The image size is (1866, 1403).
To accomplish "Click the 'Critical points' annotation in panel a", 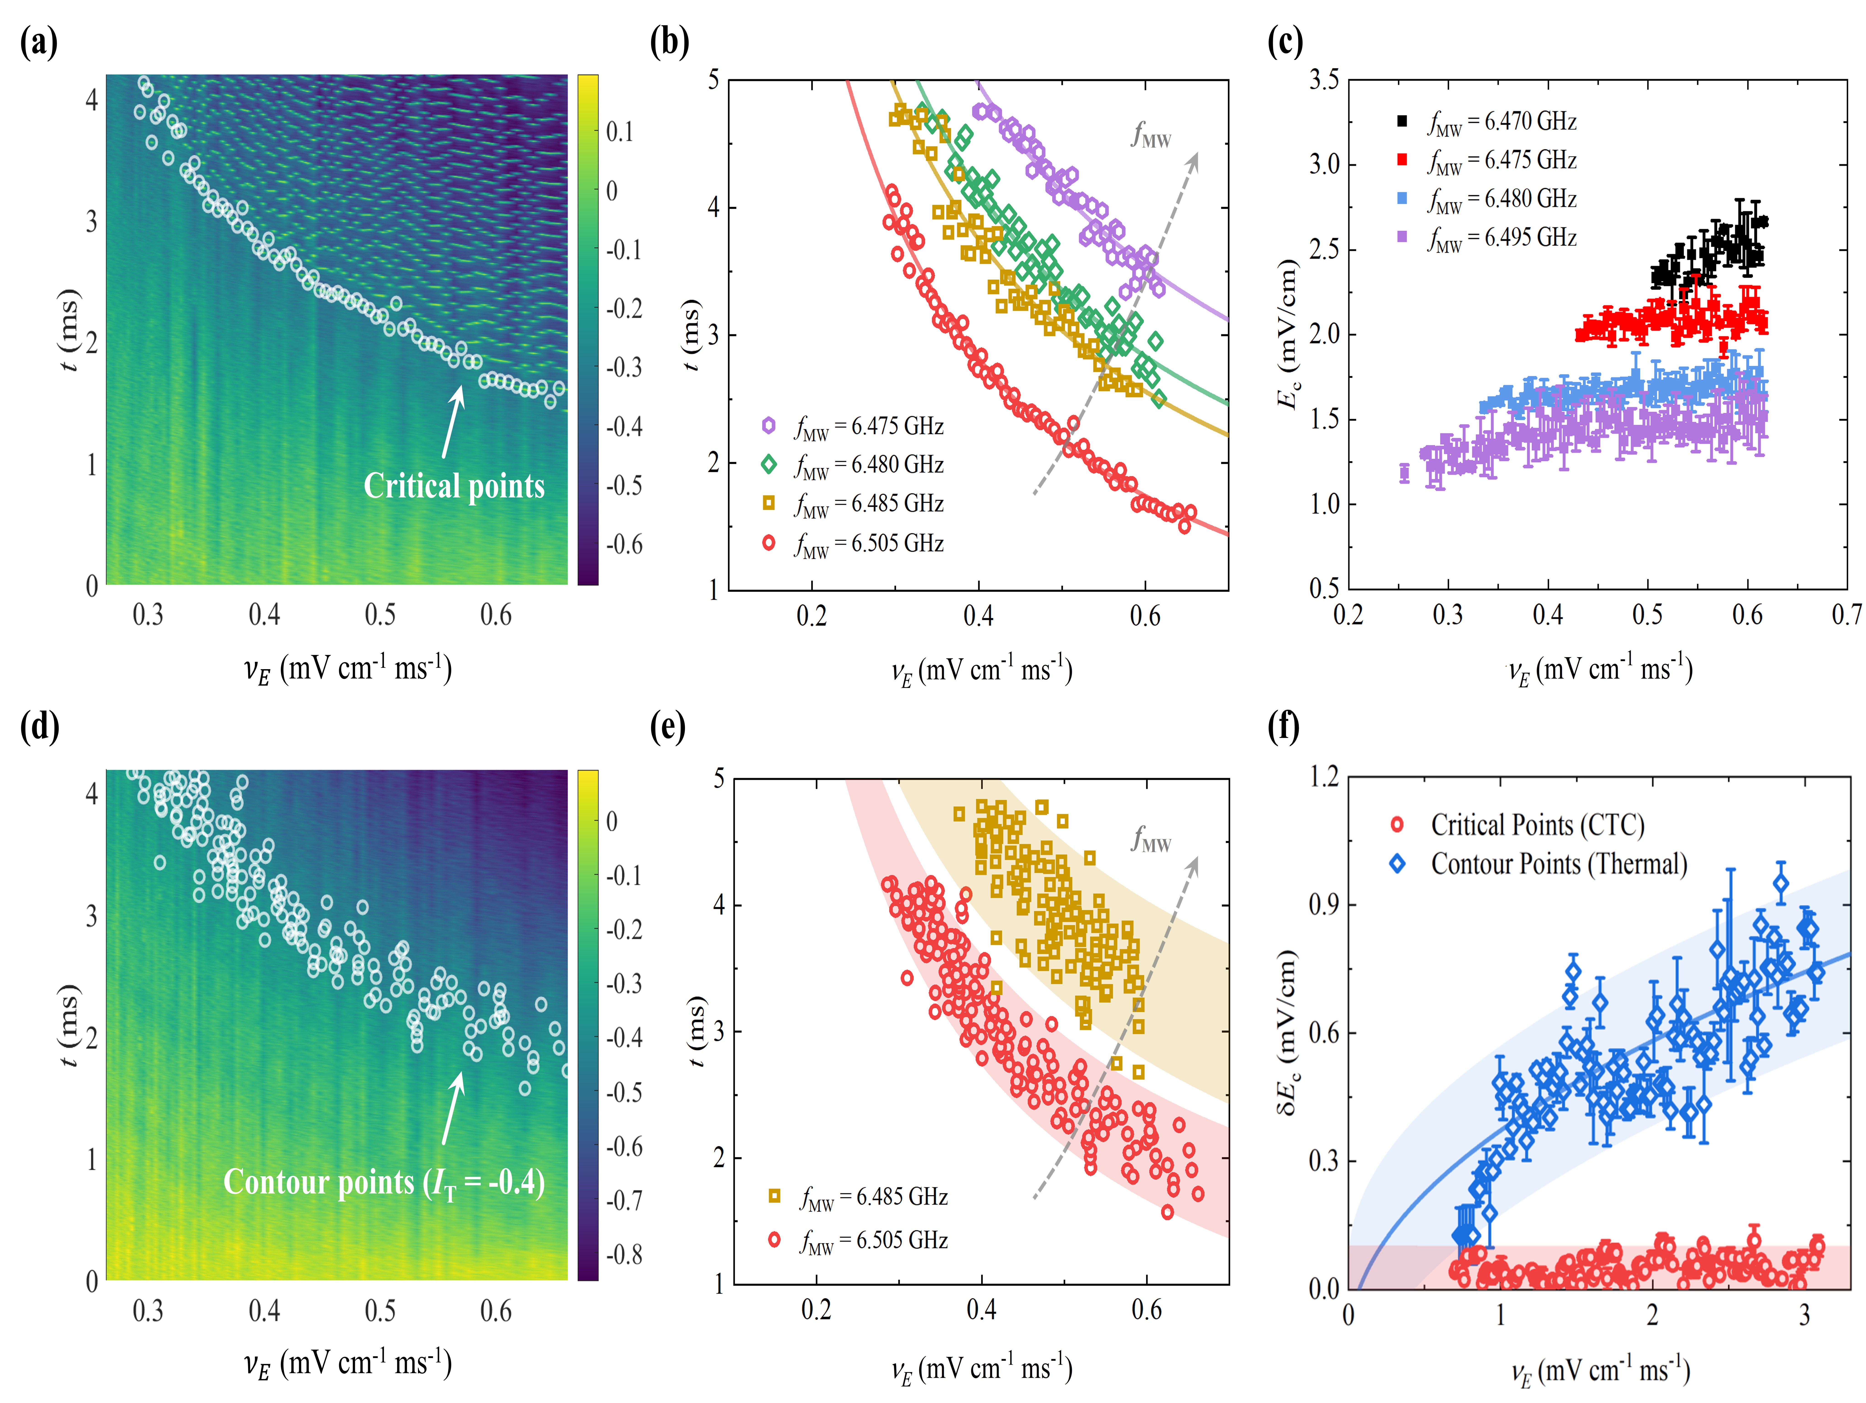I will coord(454,486).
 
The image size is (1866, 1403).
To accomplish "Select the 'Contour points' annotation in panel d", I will coord(384,1183).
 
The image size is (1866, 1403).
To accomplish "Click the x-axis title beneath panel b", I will coord(981,671).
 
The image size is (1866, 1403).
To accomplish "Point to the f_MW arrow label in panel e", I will coord(1151,840).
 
